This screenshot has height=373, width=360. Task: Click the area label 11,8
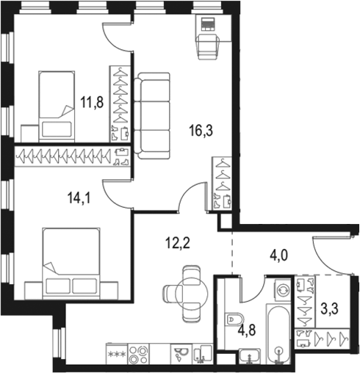[92, 104]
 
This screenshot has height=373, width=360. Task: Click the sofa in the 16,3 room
[154, 110]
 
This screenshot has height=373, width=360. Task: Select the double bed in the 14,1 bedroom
[72, 261]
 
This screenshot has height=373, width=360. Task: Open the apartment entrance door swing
[328, 256]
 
